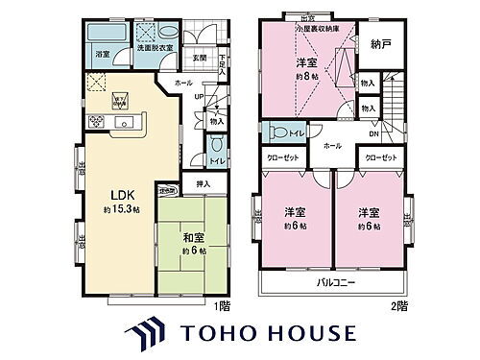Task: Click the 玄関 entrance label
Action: tap(199, 58)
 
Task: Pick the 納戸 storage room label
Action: tap(381, 45)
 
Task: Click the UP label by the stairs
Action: tap(199, 96)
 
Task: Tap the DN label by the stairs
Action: tap(373, 134)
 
